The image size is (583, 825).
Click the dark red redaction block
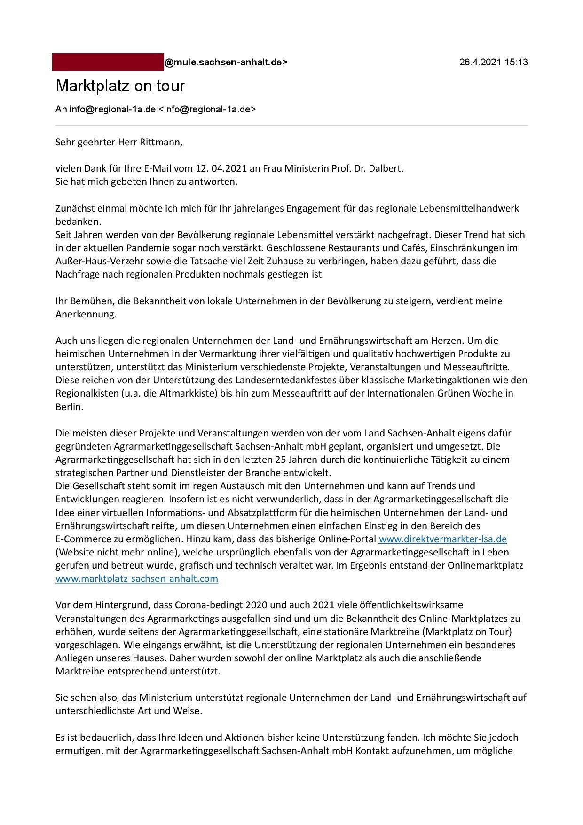(108, 62)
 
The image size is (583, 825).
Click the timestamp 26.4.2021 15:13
(493, 62)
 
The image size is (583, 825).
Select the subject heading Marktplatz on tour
(120, 86)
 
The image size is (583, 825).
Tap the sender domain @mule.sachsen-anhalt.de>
(226, 62)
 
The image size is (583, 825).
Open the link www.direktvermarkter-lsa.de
(442, 539)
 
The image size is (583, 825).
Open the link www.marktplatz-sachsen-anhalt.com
(137, 578)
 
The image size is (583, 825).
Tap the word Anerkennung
(86, 314)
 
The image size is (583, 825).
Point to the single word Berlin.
(69, 406)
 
